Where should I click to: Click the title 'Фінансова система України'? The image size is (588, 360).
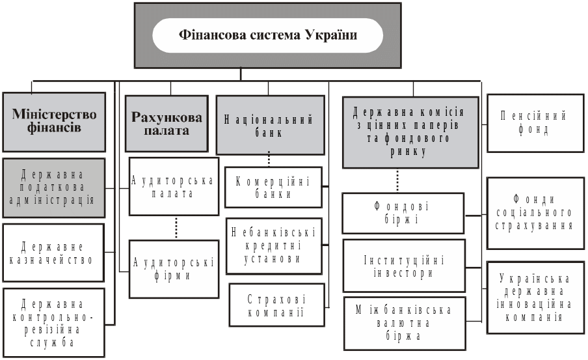coord(268,35)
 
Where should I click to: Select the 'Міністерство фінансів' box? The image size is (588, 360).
coord(54,122)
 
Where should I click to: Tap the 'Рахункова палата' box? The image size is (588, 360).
coord(167,124)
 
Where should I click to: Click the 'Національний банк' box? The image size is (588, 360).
coord(269,125)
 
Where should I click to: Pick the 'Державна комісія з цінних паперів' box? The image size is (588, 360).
coord(413,130)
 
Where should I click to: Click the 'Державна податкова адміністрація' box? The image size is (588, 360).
coord(54,187)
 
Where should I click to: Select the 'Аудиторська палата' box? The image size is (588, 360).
coord(173,186)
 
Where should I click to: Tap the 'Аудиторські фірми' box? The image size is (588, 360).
coord(173,269)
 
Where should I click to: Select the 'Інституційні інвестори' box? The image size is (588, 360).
coord(404,266)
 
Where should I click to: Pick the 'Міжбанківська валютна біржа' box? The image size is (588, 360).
coord(404,323)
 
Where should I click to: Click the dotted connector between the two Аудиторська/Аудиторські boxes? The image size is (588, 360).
coord(176,228)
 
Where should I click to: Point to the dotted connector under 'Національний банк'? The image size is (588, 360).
coord(269,161)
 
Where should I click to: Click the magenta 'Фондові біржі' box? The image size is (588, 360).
coord(404,214)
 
